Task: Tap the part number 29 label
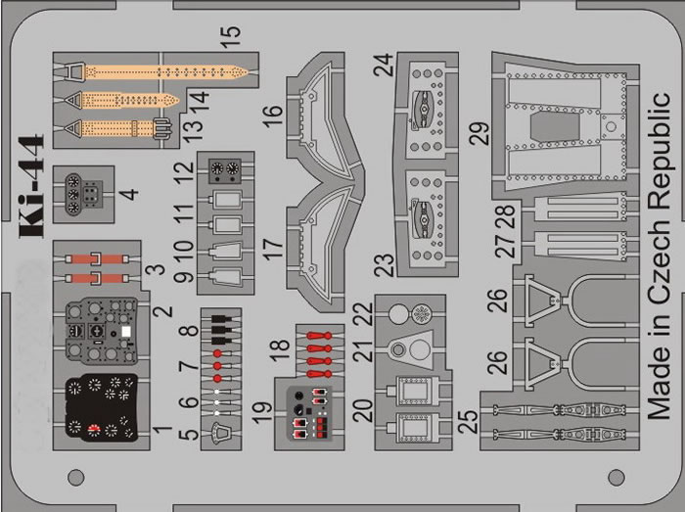(x=477, y=132)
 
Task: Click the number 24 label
(x=383, y=65)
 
